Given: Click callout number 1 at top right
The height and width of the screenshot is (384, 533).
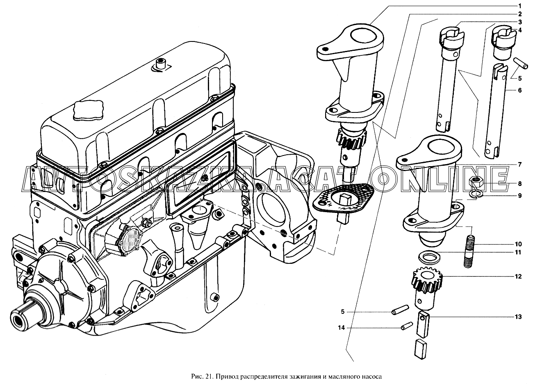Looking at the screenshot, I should point(519,6).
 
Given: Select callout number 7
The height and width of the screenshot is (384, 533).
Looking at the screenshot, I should point(519,165).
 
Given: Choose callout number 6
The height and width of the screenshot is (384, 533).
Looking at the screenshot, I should point(519,90).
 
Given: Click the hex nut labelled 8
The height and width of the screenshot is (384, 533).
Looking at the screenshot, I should point(476,181).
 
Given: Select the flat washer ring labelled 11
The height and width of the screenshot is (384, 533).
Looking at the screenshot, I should point(428,258).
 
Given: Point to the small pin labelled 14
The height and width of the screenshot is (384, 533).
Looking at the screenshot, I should point(406,327).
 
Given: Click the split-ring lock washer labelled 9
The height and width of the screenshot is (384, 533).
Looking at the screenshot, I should point(476,194).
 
